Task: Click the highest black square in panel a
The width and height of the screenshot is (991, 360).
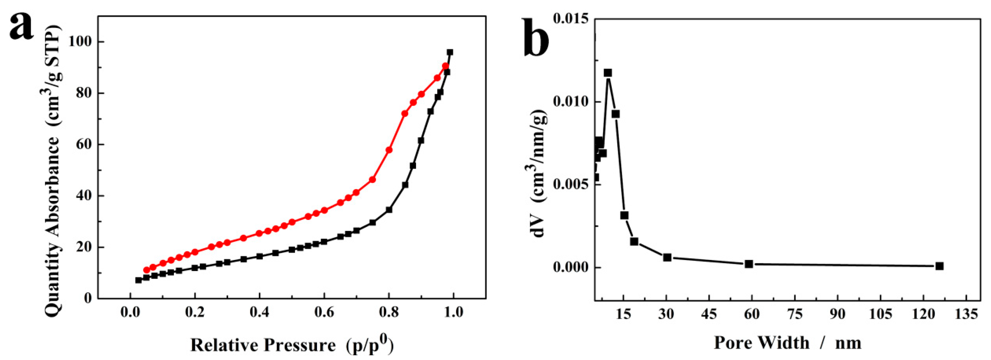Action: (x=450, y=52)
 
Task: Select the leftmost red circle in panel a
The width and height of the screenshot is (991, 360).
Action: (x=147, y=270)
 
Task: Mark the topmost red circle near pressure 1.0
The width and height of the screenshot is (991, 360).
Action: (x=445, y=66)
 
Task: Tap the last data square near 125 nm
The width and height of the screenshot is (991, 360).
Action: (x=939, y=266)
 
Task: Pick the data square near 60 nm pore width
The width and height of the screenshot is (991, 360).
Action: (x=749, y=264)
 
